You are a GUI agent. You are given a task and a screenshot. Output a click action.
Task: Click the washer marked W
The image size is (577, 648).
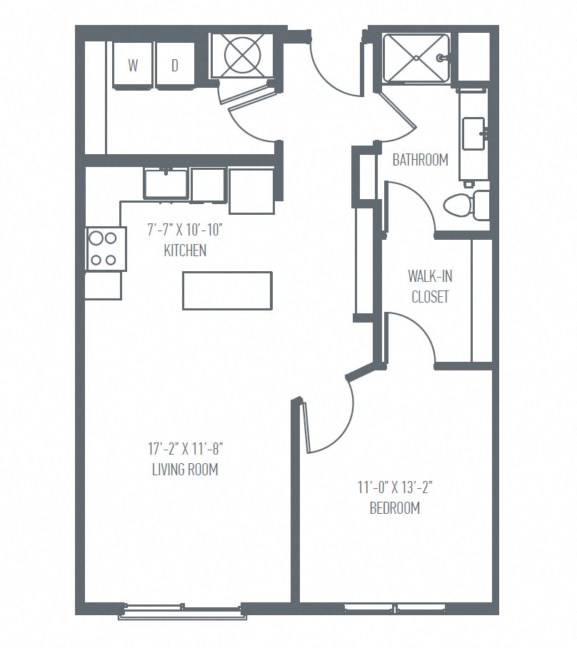coord(134,66)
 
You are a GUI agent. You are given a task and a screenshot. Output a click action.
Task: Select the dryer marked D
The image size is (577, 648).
coord(175,66)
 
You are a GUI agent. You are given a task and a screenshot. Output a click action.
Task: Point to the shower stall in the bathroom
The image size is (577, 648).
coord(416,57)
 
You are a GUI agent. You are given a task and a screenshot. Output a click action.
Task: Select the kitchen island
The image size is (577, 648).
coord(227,290)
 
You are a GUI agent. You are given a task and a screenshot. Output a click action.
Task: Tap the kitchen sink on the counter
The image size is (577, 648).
coord(166,183)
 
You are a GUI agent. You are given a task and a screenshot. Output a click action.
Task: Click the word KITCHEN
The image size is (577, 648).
coord(185,250)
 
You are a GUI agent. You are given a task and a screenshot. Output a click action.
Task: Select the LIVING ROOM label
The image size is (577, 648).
coord(185,470)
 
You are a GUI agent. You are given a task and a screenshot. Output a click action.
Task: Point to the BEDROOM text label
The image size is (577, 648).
coord(394,508)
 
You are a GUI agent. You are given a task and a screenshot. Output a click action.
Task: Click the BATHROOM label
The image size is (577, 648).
coord(421,160)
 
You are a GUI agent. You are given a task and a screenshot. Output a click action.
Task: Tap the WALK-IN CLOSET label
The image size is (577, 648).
coord(430,286)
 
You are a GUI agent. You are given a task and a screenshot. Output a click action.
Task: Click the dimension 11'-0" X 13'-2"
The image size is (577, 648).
coord(395,488)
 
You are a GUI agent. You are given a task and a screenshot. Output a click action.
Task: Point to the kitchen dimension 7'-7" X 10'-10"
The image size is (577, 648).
coord(189,231)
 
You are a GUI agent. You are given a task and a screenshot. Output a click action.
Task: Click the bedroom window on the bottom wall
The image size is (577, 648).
coord(395,608)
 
